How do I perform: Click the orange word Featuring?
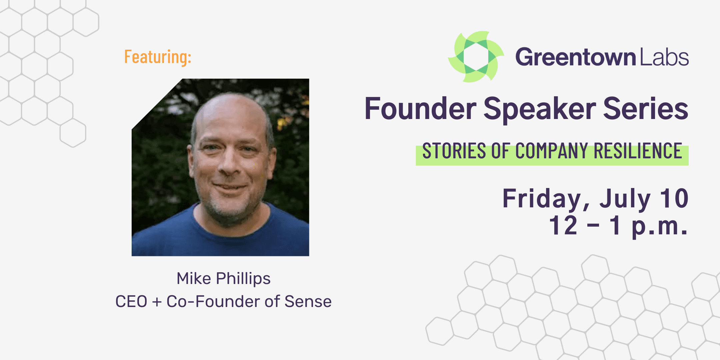[x=158, y=57]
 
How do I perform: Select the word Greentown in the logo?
[x=576, y=57]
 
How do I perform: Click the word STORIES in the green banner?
[x=454, y=151]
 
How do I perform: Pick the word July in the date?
[x=625, y=199]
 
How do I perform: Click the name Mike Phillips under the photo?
[x=223, y=278]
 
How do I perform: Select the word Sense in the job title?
[x=308, y=301]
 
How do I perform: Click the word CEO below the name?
[x=131, y=301]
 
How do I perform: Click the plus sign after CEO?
[x=157, y=302]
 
